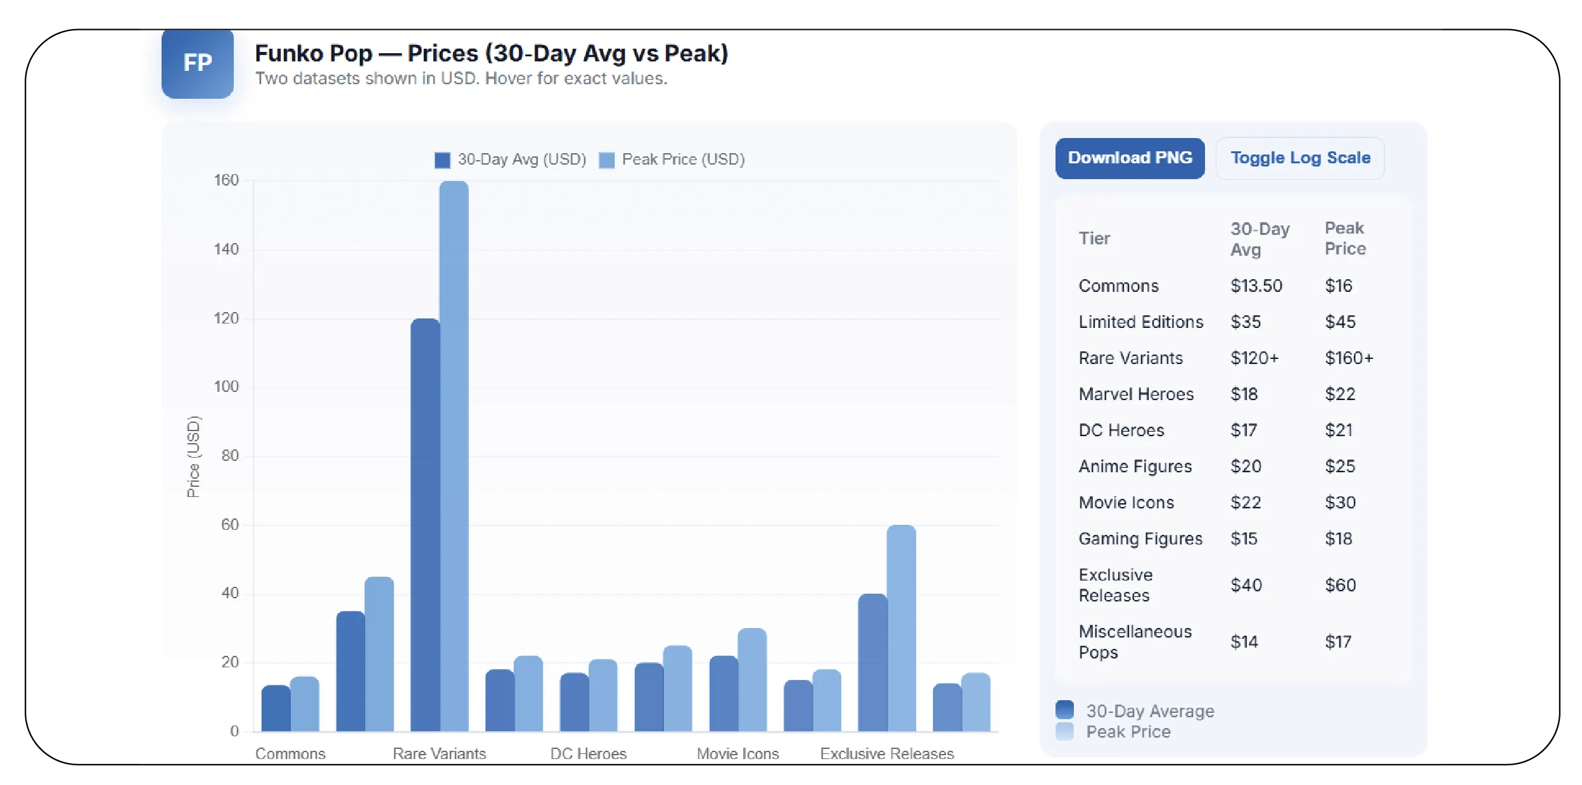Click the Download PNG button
(x=1129, y=158)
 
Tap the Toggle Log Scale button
(x=1299, y=158)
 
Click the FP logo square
(x=197, y=63)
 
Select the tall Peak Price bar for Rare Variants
(x=454, y=456)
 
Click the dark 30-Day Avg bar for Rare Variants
(x=424, y=525)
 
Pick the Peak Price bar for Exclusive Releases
(x=900, y=627)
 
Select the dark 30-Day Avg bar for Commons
(x=276, y=709)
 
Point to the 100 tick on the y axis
(x=226, y=387)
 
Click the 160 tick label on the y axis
(x=226, y=180)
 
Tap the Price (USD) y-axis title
(x=193, y=456)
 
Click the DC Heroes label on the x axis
(x=588, y=753)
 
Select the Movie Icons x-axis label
(x=737, y=753)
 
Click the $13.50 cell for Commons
(x=1256, y=286)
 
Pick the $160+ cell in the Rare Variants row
(x=1348, y=358)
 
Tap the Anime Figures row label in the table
(x=1135, y=467)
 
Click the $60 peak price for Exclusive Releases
(x=1340, y=585)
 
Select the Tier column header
(x=1094, y=239)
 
